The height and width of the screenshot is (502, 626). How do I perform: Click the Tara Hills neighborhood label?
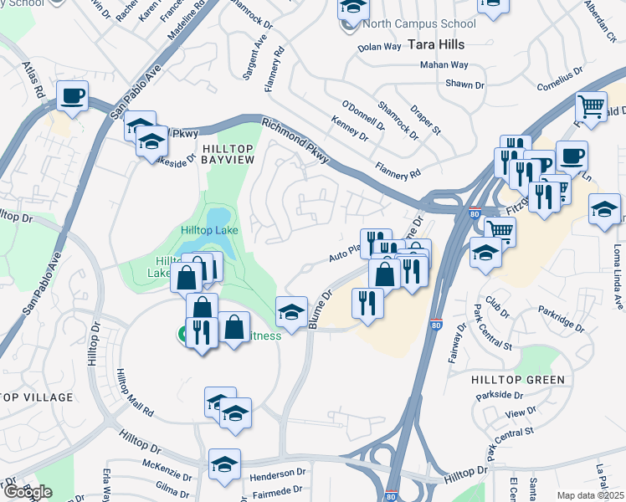[435, 43]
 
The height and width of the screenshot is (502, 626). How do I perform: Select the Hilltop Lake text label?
[209, 230]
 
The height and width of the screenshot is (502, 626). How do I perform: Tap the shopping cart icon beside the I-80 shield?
[500, 230]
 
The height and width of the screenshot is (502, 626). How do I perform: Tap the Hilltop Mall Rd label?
[135, 393]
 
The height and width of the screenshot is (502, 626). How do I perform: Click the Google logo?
[28, 492]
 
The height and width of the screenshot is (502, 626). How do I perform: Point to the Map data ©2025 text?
[590, 495]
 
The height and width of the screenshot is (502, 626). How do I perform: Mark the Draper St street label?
[425, 120]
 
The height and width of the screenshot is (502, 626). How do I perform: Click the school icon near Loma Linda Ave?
[604, 208]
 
